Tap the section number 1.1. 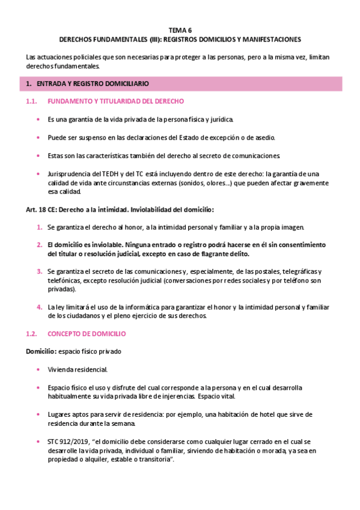pos(32,101)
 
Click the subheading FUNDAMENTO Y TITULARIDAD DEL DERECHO pos(115,101)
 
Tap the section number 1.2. pos(32,333)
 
